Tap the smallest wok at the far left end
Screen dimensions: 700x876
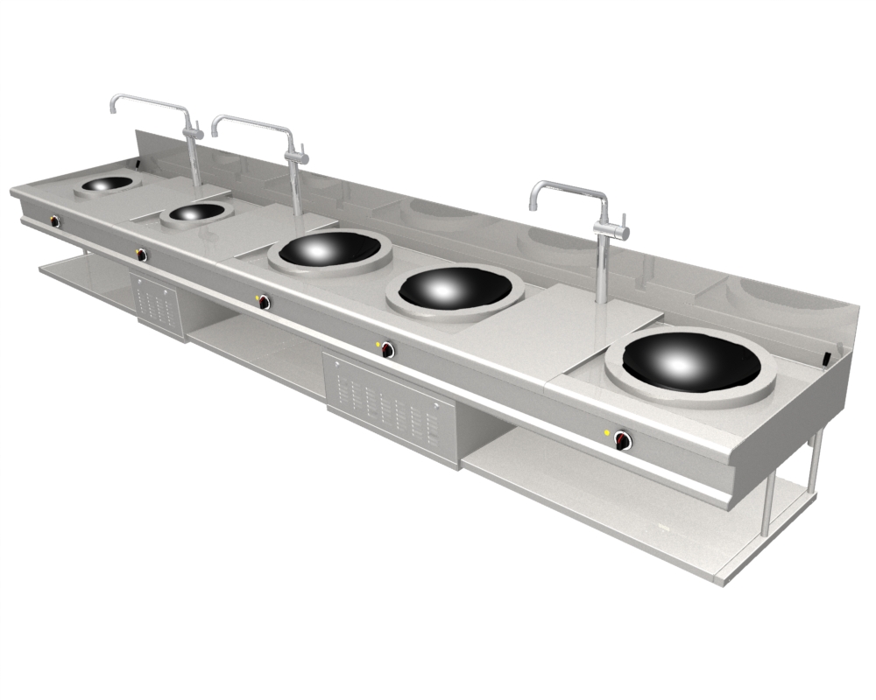tap(103, 184)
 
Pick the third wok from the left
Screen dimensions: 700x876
tap(329, 249)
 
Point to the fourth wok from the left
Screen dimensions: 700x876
tap(455, 288)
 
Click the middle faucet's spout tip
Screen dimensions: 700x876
tap(215, 132)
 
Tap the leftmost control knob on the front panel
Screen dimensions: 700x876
tap(55, 221)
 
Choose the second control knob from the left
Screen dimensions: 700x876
tap(140, 255)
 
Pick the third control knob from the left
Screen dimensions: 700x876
tap(263, 302)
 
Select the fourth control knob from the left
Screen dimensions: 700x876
tap(387, 350)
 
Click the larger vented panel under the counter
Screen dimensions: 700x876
tap(392, 404)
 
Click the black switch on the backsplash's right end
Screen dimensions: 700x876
tap(827, 357)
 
